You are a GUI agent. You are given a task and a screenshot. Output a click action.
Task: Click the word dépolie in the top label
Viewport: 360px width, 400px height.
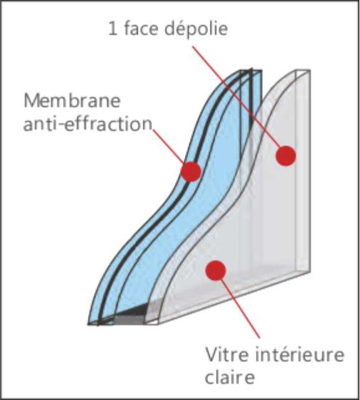196,29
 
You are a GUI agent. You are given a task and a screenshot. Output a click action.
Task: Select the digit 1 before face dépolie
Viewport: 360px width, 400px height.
113,29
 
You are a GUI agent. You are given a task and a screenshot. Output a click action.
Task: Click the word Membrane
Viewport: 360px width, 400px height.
72,100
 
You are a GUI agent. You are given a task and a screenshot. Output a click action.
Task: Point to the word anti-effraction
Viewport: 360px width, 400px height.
88,124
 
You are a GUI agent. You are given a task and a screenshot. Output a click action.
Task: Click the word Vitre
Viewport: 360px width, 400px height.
227,354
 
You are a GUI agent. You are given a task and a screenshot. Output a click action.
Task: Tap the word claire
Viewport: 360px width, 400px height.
230,377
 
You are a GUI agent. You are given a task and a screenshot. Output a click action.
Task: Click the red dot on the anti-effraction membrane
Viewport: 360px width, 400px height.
191,172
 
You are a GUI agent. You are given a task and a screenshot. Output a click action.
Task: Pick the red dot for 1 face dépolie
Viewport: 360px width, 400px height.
286,156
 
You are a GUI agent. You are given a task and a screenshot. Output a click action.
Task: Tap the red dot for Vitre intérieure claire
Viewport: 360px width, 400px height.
216,270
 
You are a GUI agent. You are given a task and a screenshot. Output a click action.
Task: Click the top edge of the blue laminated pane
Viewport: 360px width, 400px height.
251,70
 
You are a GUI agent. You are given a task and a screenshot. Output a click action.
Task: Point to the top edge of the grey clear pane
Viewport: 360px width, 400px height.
303,70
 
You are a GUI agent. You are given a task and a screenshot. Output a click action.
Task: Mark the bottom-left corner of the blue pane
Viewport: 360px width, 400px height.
88,325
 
